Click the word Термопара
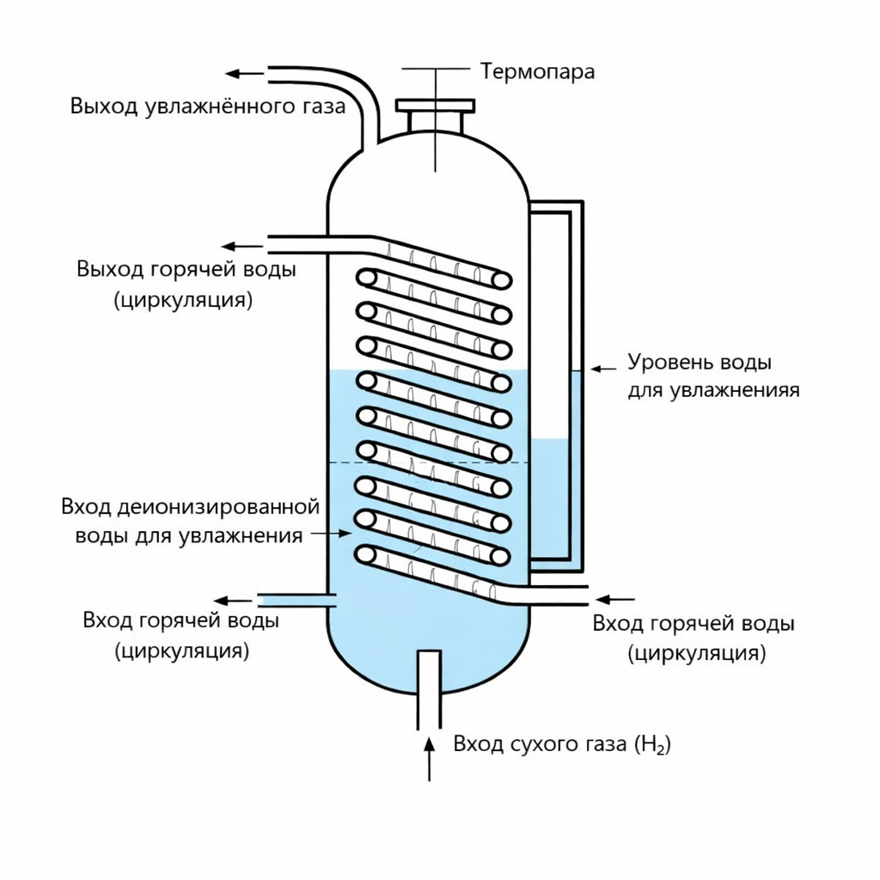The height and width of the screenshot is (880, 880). click(x=537, y=70)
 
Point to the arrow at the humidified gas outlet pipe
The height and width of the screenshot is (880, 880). click(x=243, y=74)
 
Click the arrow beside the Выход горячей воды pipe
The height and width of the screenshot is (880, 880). click(x=243, y=244)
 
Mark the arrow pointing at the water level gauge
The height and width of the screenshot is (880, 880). click(x=604, y=368)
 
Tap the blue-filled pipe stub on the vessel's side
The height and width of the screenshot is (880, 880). click(x=292, y=600)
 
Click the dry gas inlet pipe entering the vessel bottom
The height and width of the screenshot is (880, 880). click(x=429, y=687)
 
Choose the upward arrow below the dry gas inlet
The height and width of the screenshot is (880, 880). click(x=430, y=756)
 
